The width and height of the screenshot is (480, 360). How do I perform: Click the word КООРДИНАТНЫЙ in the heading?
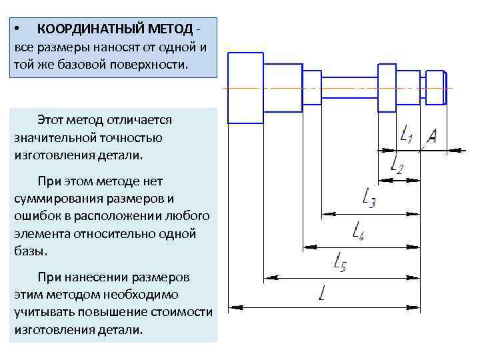(80, 29)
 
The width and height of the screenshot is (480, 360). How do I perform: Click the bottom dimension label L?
(323, 293)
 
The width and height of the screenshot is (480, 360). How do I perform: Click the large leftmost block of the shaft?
(245, 88)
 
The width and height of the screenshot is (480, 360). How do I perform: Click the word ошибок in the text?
(35, 217)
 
